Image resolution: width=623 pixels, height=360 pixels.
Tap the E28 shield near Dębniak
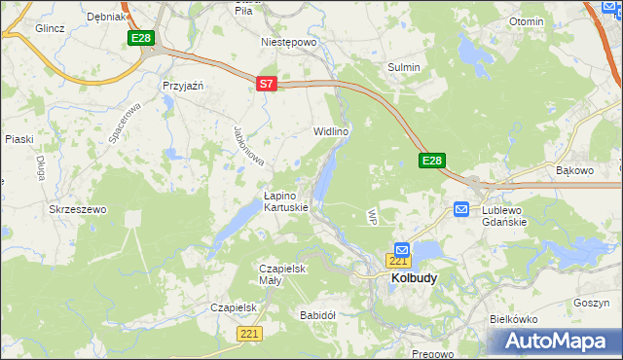[141, 38]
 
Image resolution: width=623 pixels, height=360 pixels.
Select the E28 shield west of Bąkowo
[433, 161]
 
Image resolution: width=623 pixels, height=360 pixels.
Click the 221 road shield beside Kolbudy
[397, 261]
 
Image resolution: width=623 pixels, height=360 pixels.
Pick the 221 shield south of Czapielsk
[249, 334]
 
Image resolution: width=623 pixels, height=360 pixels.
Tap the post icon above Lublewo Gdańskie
[461, 209]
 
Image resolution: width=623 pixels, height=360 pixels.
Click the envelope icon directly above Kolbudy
[402, 250]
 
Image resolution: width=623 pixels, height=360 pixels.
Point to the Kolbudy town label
[414, 277]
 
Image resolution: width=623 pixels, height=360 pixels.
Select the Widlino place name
[331, 130]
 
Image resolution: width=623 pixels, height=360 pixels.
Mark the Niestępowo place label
[289, 43]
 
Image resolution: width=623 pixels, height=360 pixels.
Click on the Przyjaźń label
[182, 86]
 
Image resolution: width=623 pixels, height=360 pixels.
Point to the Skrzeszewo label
[77, 209]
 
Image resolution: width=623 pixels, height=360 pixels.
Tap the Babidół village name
[318, 315]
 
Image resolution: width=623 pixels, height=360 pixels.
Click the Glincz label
[50, 28]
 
